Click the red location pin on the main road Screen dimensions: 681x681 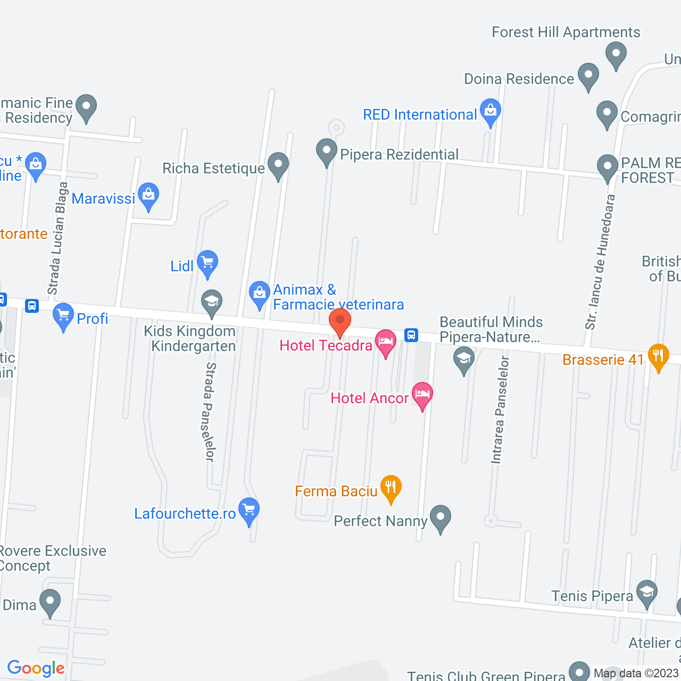pos(339,321)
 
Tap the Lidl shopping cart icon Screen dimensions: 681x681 pos(207,263)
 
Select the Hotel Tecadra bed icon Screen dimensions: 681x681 pos(386,342)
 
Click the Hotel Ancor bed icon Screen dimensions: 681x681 pos(422,395)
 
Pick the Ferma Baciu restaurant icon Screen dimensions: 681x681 pos(391,487)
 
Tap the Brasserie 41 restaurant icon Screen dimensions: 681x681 pos(658,356)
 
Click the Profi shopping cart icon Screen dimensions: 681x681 pos(63,315)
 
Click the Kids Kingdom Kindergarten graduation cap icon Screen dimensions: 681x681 pos(212,302)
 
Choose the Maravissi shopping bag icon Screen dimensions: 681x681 pos(148,195)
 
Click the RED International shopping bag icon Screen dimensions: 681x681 pos(490,111)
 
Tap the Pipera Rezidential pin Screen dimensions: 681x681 pos(327,151)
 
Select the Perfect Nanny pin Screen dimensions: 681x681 pos(441,517)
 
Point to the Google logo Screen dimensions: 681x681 pos(36,668)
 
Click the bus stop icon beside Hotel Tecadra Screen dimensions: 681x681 pos(411,335)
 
